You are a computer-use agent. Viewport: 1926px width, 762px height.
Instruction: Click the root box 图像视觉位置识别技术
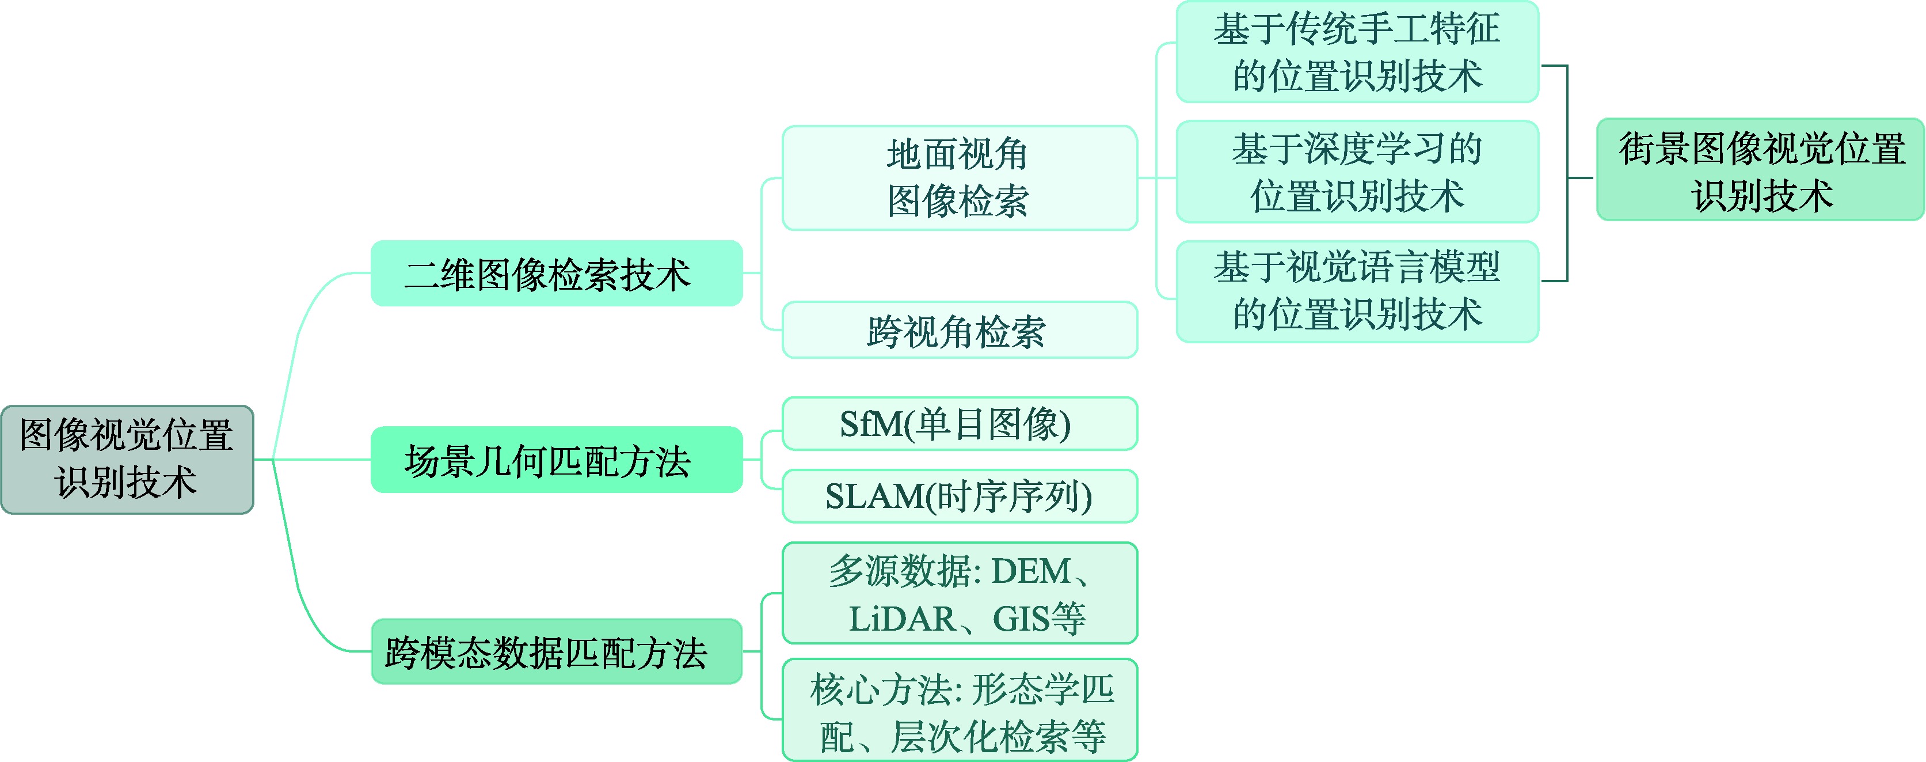pos(127,459)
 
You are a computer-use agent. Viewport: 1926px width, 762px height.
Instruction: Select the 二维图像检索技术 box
pos(556,273)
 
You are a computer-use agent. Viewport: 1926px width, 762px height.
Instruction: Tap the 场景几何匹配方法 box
pos(556,459)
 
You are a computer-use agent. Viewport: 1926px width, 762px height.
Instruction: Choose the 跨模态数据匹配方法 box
pos(556,651)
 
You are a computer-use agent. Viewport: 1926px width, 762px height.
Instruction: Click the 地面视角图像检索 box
pos(960,178)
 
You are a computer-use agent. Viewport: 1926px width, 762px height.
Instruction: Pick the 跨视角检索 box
pos(960,330)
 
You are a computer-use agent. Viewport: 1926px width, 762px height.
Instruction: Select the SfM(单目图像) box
pos(960,424)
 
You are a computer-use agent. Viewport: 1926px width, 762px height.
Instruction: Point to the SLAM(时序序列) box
pos(960,496)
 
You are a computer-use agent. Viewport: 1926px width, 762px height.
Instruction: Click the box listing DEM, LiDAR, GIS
pos(960,593)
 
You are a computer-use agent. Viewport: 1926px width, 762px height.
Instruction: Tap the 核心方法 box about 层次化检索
pos(960,710)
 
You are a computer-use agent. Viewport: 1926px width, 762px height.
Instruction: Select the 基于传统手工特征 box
pos(1357,52)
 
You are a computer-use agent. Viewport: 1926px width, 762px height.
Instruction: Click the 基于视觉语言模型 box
pos(1357,291)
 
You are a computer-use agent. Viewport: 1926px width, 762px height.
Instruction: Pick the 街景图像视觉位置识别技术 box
pos(1760,170)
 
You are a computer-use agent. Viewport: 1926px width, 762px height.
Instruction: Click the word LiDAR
pos(901,619)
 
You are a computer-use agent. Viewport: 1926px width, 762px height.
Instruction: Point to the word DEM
pos(1031,572)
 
